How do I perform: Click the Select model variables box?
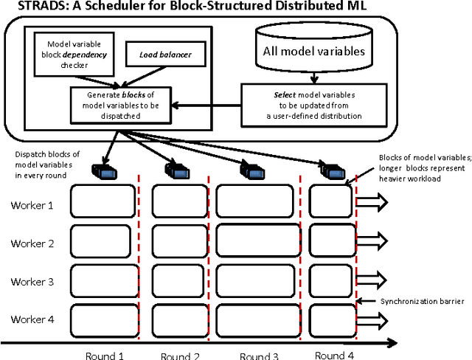(x=313, y=105)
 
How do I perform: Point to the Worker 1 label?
(x=32, y=204)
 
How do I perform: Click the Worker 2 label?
(x=32, y=243)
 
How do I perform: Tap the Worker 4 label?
(x=32, y=319)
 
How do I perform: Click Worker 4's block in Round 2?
(x=179, y=318)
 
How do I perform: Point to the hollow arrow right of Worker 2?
(x=371, y=240)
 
